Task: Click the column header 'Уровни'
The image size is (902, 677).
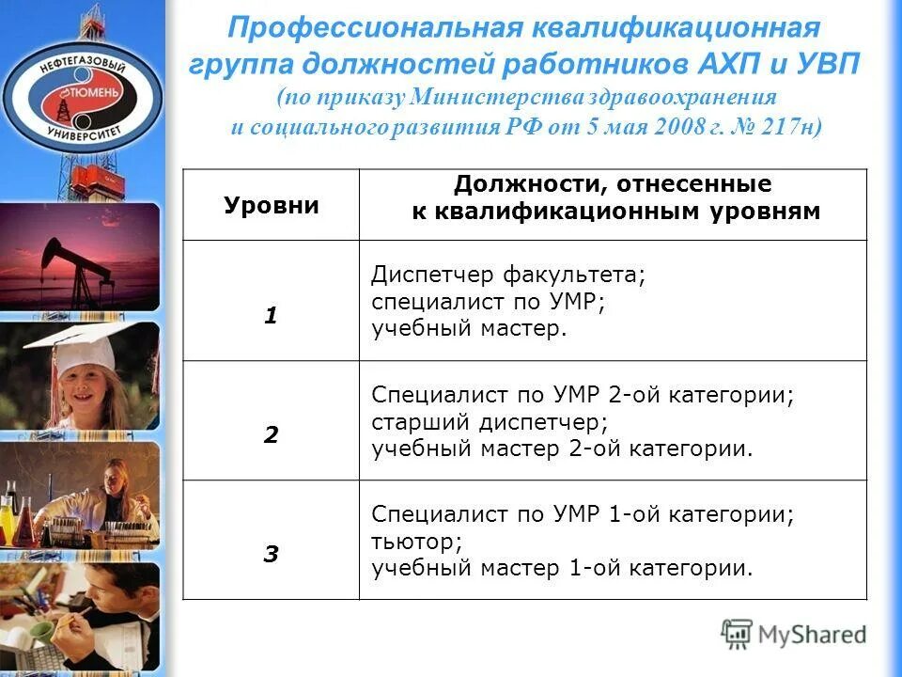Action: [x=271, y=206]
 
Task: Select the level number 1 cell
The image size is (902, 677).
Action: [x=271, y=316]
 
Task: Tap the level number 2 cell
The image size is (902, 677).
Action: [x=271, y=435]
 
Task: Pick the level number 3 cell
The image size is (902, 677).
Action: [x=271, y=555]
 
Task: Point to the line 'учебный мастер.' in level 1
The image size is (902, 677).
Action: [x=470, y=329]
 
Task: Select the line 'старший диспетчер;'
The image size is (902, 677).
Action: [x=490, y=422]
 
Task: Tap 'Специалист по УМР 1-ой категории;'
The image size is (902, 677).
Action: [x=583, y=515]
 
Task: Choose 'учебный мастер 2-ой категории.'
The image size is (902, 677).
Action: [x=562, y=449]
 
